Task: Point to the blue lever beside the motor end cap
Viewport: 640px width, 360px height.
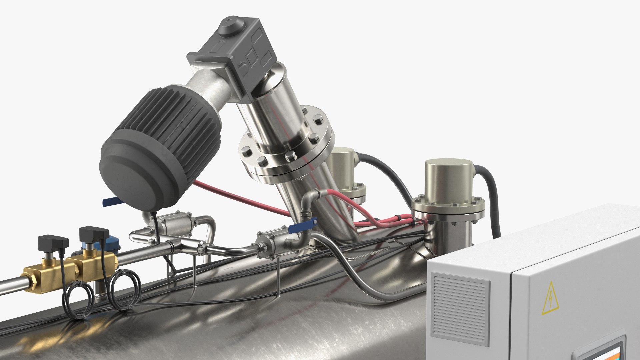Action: (x=110, y=200)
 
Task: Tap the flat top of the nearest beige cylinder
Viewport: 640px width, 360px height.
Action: (x=449, y=164)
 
